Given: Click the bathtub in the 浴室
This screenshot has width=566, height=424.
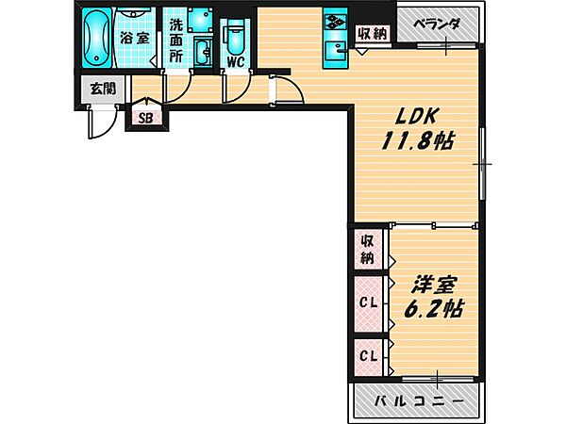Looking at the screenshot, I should click(96, 39).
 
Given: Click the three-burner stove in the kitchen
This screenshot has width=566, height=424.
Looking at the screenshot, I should click(337, 21).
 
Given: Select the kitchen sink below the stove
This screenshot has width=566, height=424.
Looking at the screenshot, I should click(337, 52).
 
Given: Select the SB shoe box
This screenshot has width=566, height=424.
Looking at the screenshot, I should click(145, 118).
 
